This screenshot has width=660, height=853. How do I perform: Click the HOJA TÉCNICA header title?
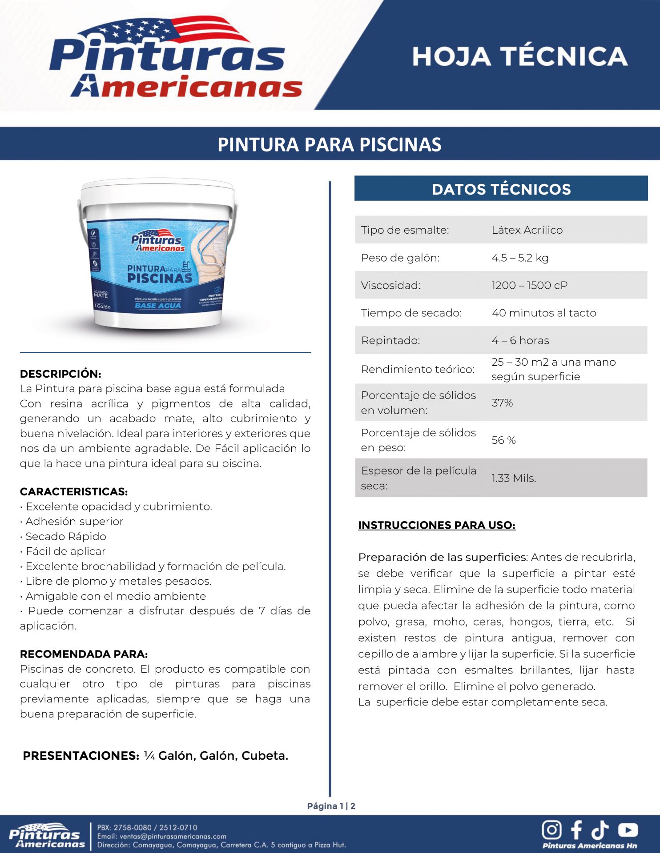(x=519, y=56)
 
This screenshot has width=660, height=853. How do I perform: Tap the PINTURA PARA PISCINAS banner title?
(x=330, y=144)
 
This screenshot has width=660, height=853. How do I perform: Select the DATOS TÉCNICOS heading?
(x=501, y=189)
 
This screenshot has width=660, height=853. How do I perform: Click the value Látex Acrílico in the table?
(x=527, y=230)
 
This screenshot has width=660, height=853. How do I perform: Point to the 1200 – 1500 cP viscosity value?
(x=529, y=285)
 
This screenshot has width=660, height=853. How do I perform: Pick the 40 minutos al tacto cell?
(x=543, y=313)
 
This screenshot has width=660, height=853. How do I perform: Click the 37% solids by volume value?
(x=502, y=403)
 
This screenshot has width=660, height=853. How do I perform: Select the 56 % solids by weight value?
(x=503, y=440)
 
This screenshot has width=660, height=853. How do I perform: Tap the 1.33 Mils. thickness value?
(x=514, y=478)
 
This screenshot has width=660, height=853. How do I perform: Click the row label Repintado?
(x=390, y=340)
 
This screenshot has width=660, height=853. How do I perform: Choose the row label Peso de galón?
(x=400, y=258)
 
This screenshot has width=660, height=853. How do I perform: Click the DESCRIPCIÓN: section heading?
(x=60, y=374)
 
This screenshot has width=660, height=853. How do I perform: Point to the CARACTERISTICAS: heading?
(x=74, y=491)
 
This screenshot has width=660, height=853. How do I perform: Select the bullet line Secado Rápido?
(x=66, y=536)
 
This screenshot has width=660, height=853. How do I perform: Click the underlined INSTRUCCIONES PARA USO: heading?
(x=437, y=525)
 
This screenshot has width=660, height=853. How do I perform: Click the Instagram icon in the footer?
(x=551, y=829)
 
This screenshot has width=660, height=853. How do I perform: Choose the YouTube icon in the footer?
(x=628, y=829)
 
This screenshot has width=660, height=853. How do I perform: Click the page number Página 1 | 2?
(x=331, y=806)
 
